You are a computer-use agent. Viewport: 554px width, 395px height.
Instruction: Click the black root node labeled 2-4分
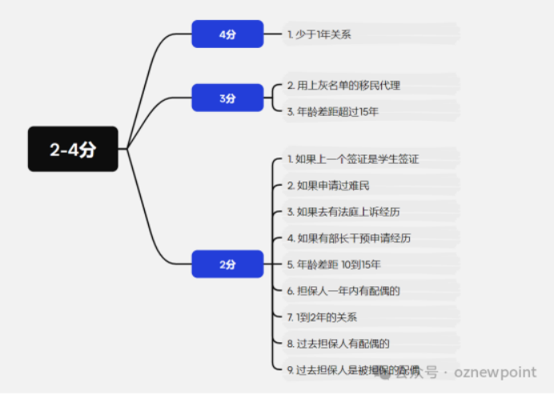(x=73, y=149)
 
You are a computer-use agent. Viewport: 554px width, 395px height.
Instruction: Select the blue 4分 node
(x=227, y=34)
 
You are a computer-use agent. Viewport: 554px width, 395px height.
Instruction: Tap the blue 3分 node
(x=227, y=98)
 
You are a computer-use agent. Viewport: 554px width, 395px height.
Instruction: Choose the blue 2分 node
(x=227, y=264)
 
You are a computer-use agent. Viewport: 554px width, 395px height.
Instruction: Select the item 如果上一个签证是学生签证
(x=353, y=159)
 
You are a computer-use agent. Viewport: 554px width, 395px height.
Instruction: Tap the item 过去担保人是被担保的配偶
(x=353, y=370)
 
